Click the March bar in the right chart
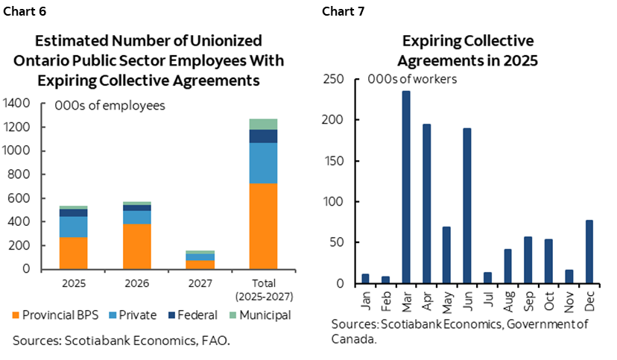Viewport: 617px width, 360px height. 406,187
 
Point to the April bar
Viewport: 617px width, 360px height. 427,203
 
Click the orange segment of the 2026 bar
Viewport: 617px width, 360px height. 136,246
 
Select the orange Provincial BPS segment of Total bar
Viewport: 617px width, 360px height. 263,226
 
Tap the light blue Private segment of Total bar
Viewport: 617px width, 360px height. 263,162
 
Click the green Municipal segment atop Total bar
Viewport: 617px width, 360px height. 263,124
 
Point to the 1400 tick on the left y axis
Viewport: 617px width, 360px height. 18,103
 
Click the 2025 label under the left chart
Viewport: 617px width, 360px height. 72,283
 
